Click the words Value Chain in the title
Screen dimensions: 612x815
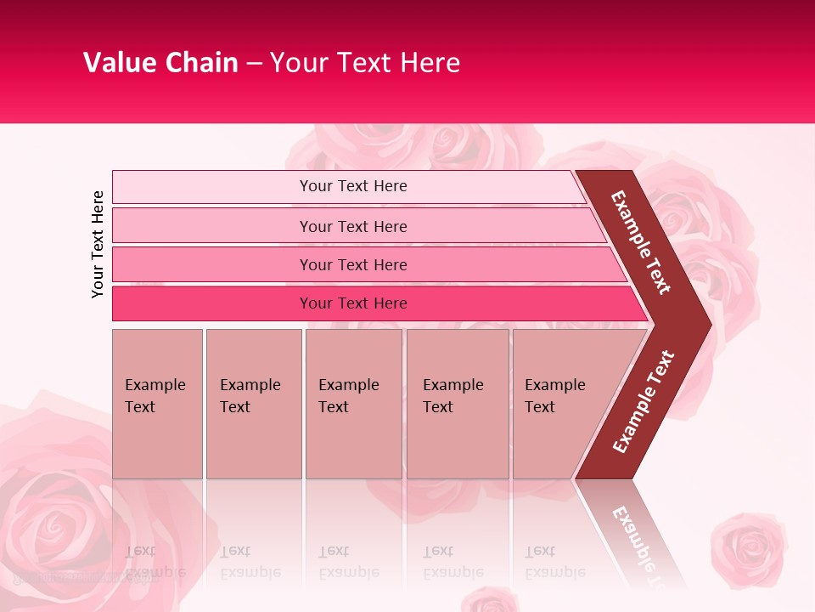[x=160, y=63]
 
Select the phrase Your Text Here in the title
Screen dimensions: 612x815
[x=364, y=63]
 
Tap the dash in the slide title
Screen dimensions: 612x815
[x=254, y=64]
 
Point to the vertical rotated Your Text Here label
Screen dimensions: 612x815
[x=98, y=244]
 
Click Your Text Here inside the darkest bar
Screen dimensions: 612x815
[x=353, y=303]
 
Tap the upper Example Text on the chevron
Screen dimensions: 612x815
[x=641, y=242]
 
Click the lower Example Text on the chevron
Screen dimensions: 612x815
[x=644, y=401]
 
